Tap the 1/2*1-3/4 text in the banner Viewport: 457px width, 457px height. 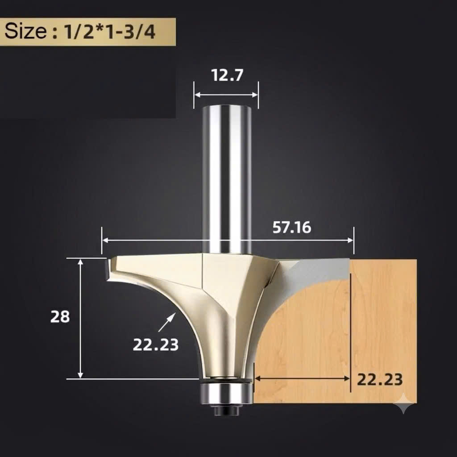pyautogui.click(x=109, y=32)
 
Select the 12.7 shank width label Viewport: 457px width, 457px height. pyautogui.click(x=227, y=75)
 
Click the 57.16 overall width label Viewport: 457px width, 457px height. pyautogui.click(x=292, y=227)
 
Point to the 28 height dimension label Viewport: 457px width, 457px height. pyautogui.click(x=60, y=316)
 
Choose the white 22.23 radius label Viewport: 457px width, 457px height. pyautogui.click(x=156, y=345)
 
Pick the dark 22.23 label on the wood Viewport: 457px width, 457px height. pyautogui.click(x=380, y=379)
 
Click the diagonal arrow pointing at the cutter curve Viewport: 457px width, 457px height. pyautogui.click(x=167, y=322)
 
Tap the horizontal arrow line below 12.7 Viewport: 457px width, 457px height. pyautogui.click(x=226, y=95)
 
